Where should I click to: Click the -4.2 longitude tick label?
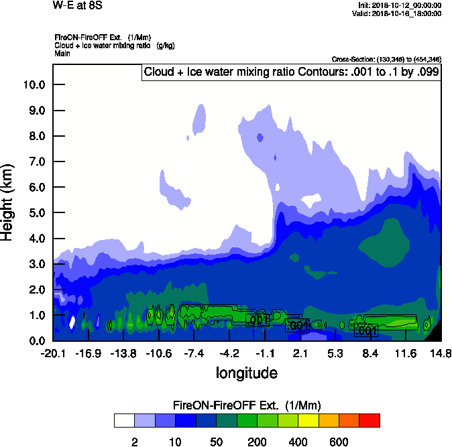[x=229, y=353]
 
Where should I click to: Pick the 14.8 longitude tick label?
[x=441, y=353]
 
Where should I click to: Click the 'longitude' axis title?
[x=246, y=372]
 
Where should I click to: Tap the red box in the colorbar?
[x=370, y=420]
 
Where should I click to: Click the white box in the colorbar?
[x=124, y=420]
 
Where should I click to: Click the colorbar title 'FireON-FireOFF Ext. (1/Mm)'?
[x=247, y=405]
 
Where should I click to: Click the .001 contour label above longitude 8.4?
[x=366, y=331]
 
